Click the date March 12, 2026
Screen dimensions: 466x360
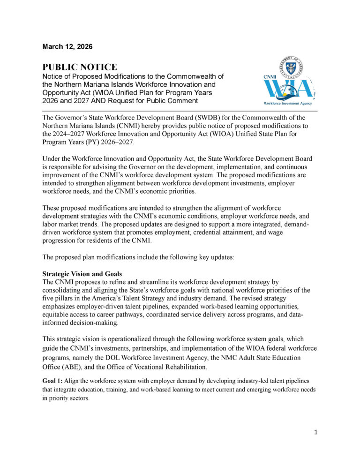67,47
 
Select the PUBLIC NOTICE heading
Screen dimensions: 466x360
80,68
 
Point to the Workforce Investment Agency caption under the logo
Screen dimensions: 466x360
287,103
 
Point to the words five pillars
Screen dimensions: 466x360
59,298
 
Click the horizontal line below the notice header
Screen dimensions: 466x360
180,111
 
